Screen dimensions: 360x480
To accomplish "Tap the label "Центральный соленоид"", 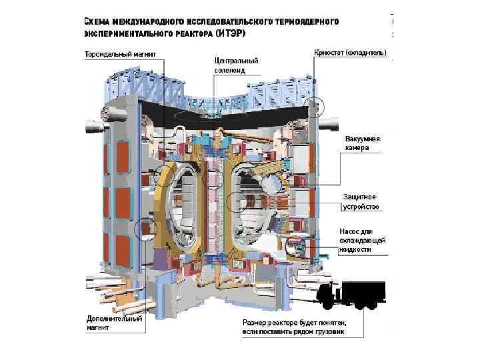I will [235, 65].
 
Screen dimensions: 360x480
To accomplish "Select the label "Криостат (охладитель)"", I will [350, 52].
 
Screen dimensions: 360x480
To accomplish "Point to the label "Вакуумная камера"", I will [362, 143].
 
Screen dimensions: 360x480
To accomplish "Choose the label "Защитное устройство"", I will [361, 202].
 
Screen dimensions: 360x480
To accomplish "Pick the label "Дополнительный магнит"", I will [115, 323].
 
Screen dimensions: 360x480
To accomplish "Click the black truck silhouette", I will [353, 295].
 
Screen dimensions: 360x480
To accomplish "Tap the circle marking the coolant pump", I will [295, 248].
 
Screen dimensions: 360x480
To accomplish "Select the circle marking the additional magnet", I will [145, 230].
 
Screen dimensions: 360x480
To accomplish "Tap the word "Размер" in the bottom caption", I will [255, 321].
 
